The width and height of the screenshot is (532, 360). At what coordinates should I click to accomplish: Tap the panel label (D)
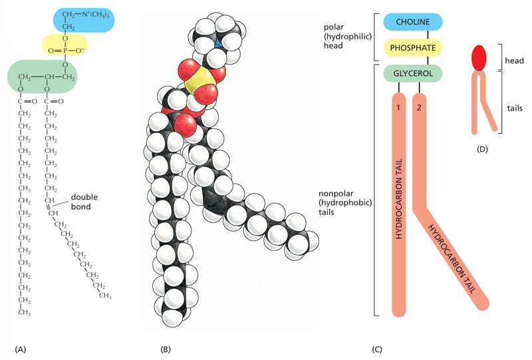(x=483, y=148)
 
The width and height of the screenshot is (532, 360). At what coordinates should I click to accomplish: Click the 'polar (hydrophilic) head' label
(x=339, y=34)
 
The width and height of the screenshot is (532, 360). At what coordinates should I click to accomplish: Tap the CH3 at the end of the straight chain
(x=25, y=309)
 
